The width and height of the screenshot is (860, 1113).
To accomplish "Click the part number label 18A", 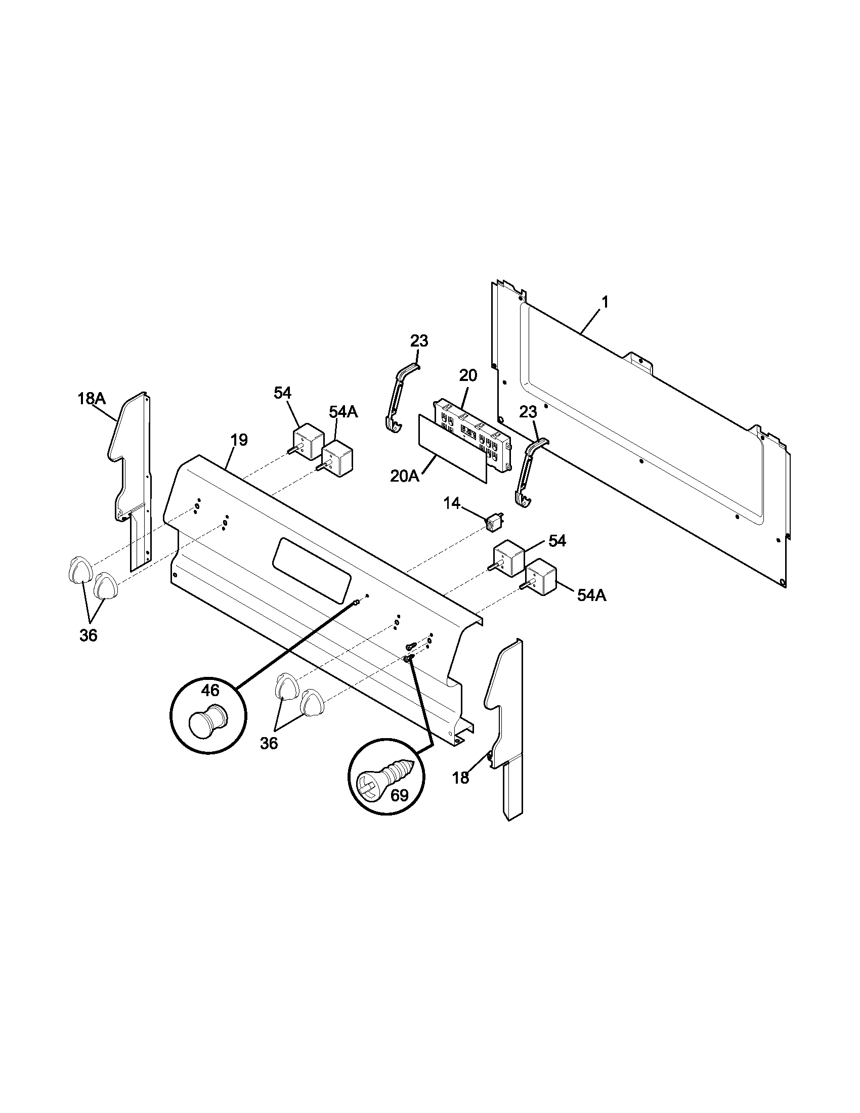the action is pos(92,399).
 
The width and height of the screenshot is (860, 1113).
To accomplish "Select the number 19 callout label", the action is pos(239,440).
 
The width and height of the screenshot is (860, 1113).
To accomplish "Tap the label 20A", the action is pos(405,476).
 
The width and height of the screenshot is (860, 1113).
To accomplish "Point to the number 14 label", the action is pos(452,504).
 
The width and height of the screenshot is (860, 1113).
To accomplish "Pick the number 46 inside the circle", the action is pos(210,691).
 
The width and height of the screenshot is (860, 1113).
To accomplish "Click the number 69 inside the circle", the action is pos(399,795).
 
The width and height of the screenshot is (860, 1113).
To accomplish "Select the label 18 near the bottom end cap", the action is pos(460,778).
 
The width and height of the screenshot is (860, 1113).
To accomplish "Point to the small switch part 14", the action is pos(494,523).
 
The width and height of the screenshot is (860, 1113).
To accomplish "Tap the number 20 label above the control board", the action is pos(468,375).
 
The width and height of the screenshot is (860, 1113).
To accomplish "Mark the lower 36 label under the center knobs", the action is pos(269,744).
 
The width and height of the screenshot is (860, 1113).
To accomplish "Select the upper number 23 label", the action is pos(419,340).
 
